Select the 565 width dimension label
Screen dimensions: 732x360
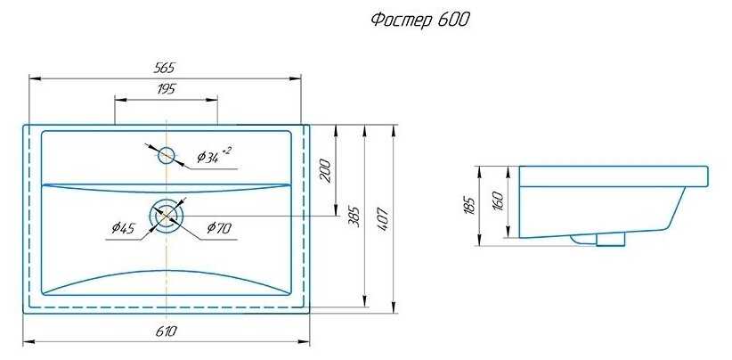point(166,68)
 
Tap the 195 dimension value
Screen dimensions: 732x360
point(166,88)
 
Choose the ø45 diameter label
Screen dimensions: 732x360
point(124,229)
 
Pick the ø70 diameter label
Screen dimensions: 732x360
point(219,229)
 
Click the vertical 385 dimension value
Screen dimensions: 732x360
point(354,217)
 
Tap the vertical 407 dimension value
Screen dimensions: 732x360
point(385,217)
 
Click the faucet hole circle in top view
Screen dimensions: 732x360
point(167,156)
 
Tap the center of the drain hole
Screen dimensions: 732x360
point(167,216)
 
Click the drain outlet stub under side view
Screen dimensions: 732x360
point(610,238)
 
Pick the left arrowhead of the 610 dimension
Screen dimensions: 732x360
point(28,341)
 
